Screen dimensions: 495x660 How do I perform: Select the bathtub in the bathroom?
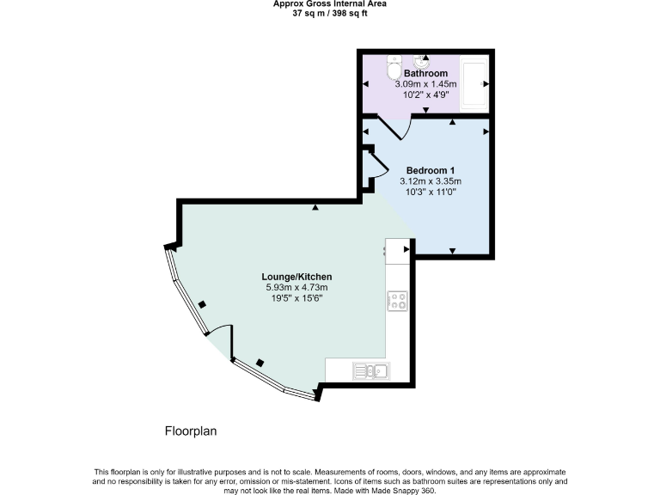pos(474,83)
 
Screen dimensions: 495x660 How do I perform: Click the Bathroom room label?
pos(426,74)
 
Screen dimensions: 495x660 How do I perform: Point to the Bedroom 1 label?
pos(431,169)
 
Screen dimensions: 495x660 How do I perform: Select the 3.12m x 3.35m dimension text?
pos(431,181)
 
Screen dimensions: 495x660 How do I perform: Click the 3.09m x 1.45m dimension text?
pos(426,84)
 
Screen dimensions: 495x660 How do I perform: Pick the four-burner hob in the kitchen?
pos(397,301)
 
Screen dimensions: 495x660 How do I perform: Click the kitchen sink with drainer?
pos(370,370)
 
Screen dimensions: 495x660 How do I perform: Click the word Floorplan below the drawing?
pos(191,431)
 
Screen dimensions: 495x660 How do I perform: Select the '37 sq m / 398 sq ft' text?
pos(329,13)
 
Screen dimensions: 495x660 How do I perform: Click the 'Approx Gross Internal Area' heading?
pos(329,3)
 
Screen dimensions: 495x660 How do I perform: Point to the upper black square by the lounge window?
pos(202,304)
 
